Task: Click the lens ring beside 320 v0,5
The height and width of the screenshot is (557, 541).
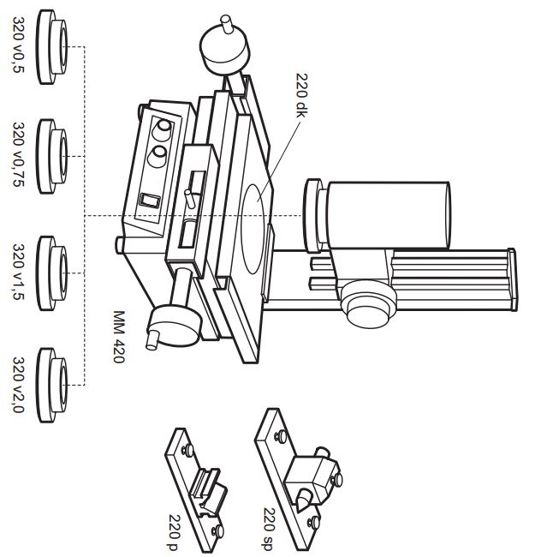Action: tap(56, 47)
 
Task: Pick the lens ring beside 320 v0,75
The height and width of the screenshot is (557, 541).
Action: tap(56, 156)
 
